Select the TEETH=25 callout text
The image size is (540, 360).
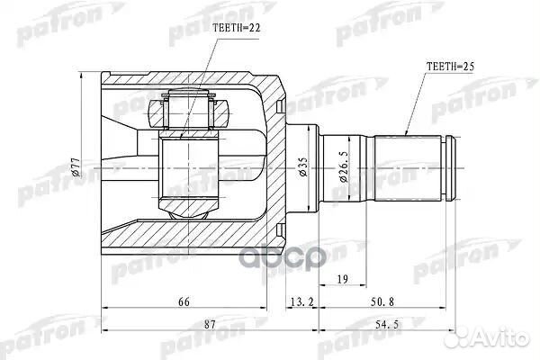point(450,67)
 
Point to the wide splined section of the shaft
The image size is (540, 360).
point(409,167)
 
